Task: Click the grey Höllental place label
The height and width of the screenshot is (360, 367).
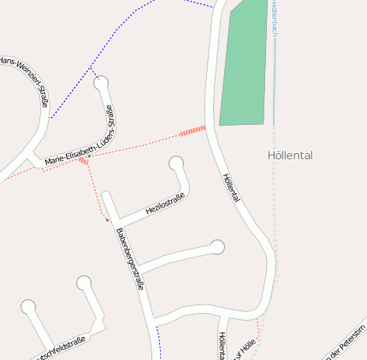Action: point(290,156)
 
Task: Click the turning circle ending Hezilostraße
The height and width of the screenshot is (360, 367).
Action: point(177,162)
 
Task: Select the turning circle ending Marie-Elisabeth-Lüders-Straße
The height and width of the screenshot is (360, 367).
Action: point(102,83)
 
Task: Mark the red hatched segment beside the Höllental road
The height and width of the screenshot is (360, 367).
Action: point(192,131)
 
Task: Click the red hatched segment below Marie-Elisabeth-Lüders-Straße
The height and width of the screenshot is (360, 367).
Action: point(84,160)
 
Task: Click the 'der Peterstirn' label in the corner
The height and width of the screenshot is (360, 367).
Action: point(346,342)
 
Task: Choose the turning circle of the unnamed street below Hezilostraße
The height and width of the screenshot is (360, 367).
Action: point(217,247)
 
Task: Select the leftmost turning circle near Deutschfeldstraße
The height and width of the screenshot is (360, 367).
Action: point(28,306)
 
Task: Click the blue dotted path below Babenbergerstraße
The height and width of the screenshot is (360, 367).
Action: point(158,343)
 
